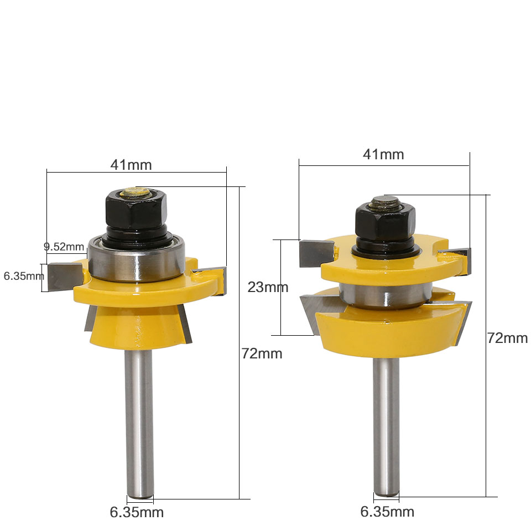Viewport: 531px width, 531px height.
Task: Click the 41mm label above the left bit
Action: [131, 164]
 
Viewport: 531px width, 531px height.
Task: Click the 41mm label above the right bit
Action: [383, 154]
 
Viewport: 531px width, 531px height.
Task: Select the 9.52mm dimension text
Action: [64, 246]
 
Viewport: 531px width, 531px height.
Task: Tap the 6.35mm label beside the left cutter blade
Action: [22, 275]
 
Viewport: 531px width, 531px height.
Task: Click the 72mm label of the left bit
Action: [262, 353]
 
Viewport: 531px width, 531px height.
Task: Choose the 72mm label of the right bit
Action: [507, 338]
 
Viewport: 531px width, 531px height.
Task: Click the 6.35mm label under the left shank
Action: [137, 512]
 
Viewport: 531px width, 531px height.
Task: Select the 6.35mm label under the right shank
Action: [387, 512]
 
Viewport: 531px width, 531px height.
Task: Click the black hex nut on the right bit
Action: [385, 221]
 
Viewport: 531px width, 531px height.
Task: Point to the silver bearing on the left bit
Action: [136, 260]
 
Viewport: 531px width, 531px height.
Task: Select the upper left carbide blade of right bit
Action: [315, 252]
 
